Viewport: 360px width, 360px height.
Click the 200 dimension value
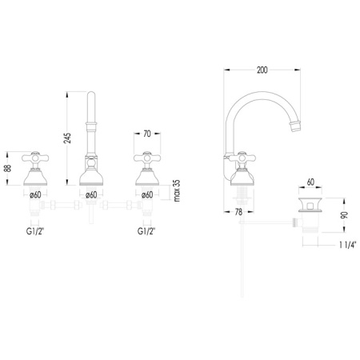(262, 70)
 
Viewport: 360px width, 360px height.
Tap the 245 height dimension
(68, 138)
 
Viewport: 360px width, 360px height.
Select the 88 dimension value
(8, 168)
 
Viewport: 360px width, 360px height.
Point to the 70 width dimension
(147, 134)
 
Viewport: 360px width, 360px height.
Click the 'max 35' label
(176, 191)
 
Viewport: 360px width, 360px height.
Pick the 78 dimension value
(238, 212)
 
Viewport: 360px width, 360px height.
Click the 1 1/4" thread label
(348, 245)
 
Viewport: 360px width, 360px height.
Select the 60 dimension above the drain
(310, 182)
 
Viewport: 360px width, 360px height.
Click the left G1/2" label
(35, 231)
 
